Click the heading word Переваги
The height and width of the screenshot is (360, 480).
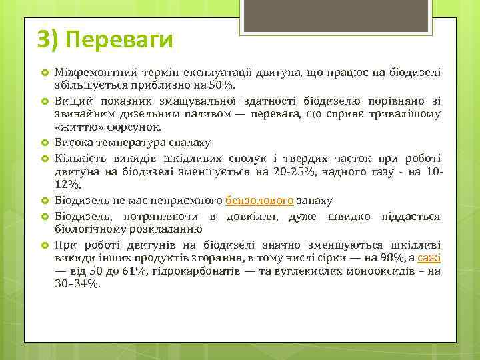(119, 39)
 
